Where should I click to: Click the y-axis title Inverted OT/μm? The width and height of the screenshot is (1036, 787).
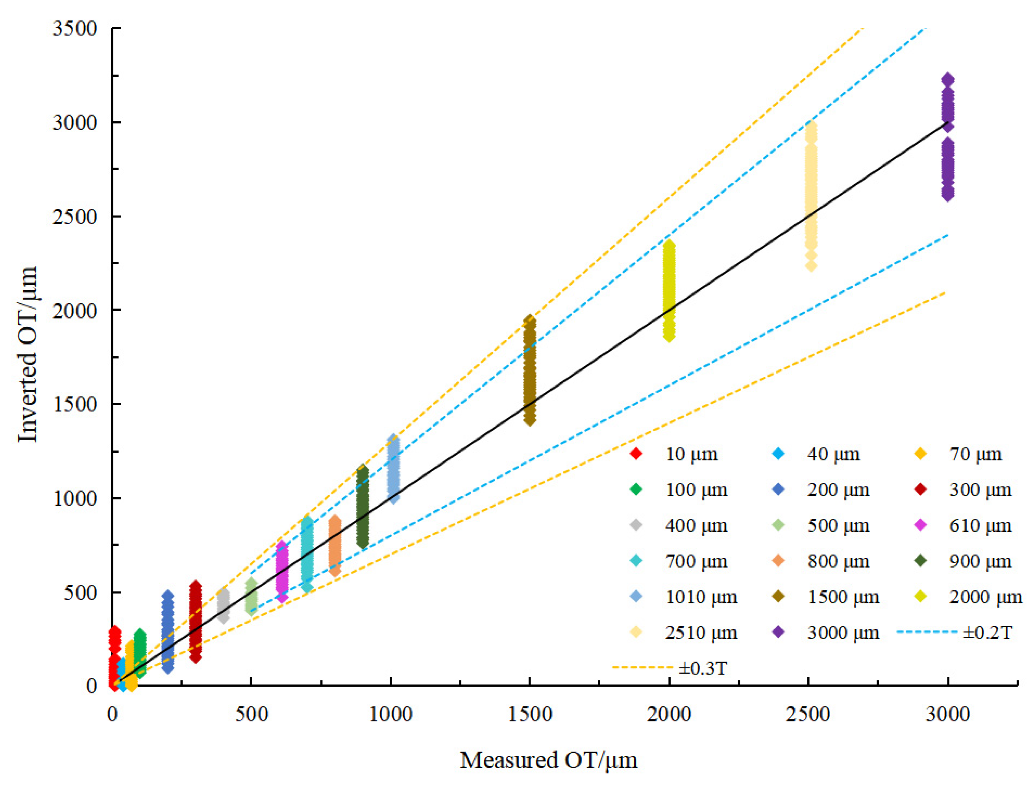click(27, 354)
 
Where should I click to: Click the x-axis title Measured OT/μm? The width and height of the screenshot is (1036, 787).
click(548, 760)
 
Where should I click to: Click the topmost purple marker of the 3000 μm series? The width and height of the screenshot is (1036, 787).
click(947, 79)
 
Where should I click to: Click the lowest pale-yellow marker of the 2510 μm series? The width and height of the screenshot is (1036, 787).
click(811, 265)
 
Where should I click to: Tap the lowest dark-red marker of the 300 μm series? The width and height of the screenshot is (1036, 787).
click(196, 657)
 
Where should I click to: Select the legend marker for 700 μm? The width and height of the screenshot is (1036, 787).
click(636, 561)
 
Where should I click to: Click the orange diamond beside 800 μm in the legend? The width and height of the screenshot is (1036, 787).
click(778, 561)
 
